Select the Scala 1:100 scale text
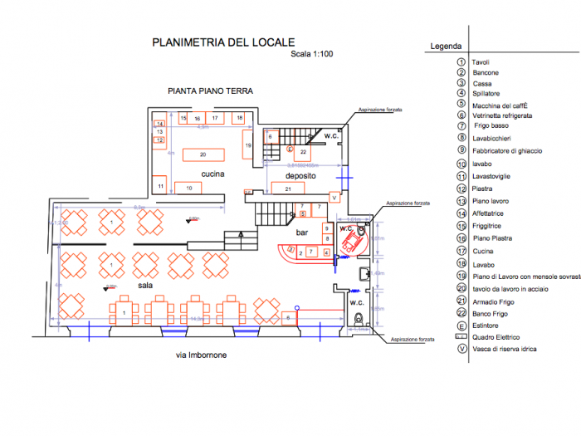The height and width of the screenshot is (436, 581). click(x=310, y=55)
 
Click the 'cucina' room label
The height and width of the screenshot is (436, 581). click(x=213, y=174)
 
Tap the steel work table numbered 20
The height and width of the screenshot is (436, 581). click(x=203, y=154)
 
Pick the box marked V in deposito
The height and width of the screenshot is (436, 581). click(x=334, y=198)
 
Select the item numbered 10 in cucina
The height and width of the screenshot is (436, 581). click(x=189, y=189)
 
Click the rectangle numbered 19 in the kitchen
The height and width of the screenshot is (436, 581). click(x=247, y=145)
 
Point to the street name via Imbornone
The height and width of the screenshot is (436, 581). click(x=202, y=355)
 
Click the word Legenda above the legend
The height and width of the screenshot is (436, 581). click(x=445, y=47)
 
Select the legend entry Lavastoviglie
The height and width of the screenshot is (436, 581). click(x=496, y=176)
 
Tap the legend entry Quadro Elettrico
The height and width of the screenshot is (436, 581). click(x=496, y=337)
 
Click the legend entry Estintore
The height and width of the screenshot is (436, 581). click(x=487, y=326)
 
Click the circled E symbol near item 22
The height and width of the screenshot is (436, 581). click(x=290, y=149)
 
